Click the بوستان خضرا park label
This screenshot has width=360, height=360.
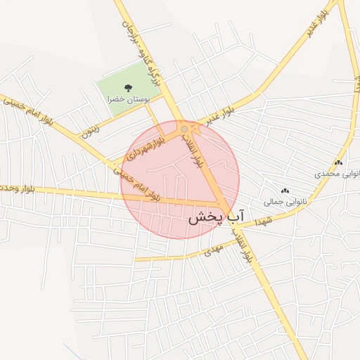(128, 101)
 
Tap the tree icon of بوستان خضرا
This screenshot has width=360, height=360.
(127, 88)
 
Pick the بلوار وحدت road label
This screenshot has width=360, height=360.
(15, 188)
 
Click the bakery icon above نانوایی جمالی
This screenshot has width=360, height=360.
(285, 191)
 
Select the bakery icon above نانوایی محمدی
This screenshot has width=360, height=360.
(339, 162)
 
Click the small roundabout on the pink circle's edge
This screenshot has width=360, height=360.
(184, 129)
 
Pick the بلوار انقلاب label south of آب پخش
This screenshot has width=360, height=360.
(246, 245)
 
